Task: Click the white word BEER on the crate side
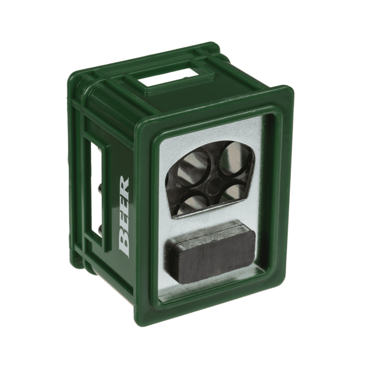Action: click(x=124, y=214)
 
